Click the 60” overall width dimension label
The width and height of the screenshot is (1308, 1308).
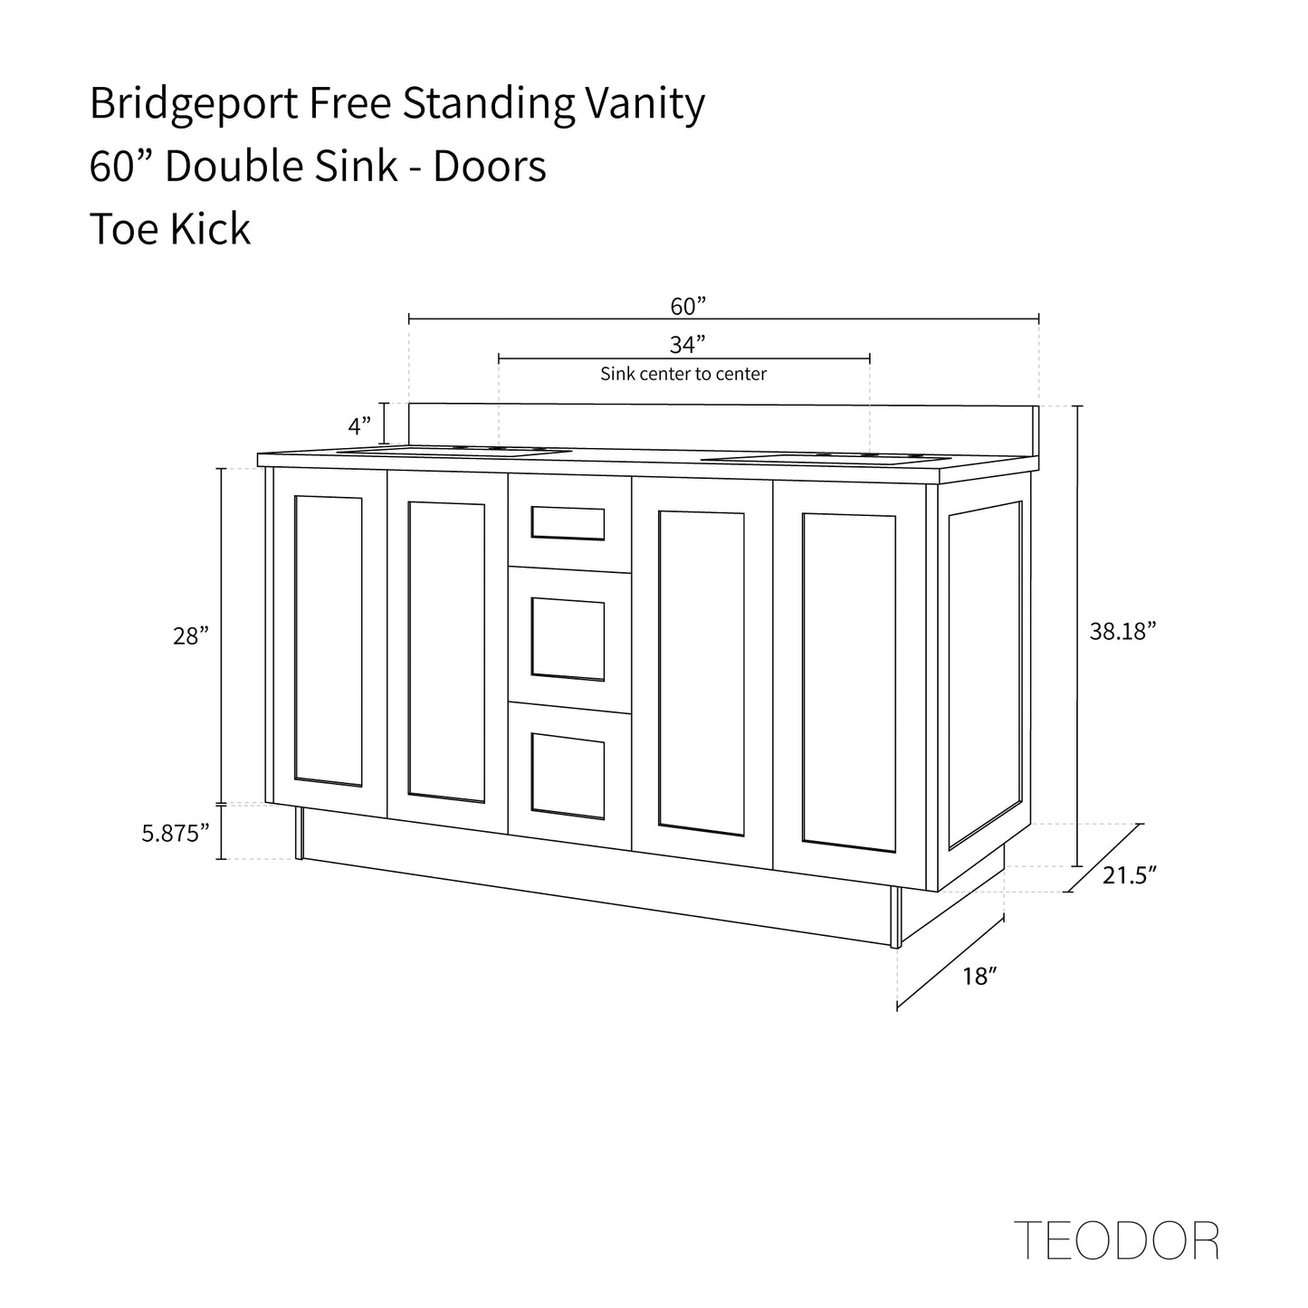(687, 306)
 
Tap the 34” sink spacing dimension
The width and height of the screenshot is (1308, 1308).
(687, 345)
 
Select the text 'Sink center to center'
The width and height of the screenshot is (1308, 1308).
(683, 374)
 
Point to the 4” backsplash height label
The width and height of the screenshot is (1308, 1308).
(359, 425)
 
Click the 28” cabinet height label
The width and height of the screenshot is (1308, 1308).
(191, 636)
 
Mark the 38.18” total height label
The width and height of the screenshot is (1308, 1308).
(1123, 632)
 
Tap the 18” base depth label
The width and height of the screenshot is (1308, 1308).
(980, 977)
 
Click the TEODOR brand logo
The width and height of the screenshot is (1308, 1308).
(1116, 1241)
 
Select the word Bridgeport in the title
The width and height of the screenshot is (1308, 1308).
(194, 104)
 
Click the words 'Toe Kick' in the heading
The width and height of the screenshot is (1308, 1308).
(170, 228)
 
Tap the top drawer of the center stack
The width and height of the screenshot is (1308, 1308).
(568, 523)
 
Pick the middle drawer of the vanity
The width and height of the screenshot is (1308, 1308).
(568, 638)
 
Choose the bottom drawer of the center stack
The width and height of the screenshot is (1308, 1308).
(568, 775)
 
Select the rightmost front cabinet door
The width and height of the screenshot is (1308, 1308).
(848, 683)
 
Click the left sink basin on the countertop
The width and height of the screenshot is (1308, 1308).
(453, 450)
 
